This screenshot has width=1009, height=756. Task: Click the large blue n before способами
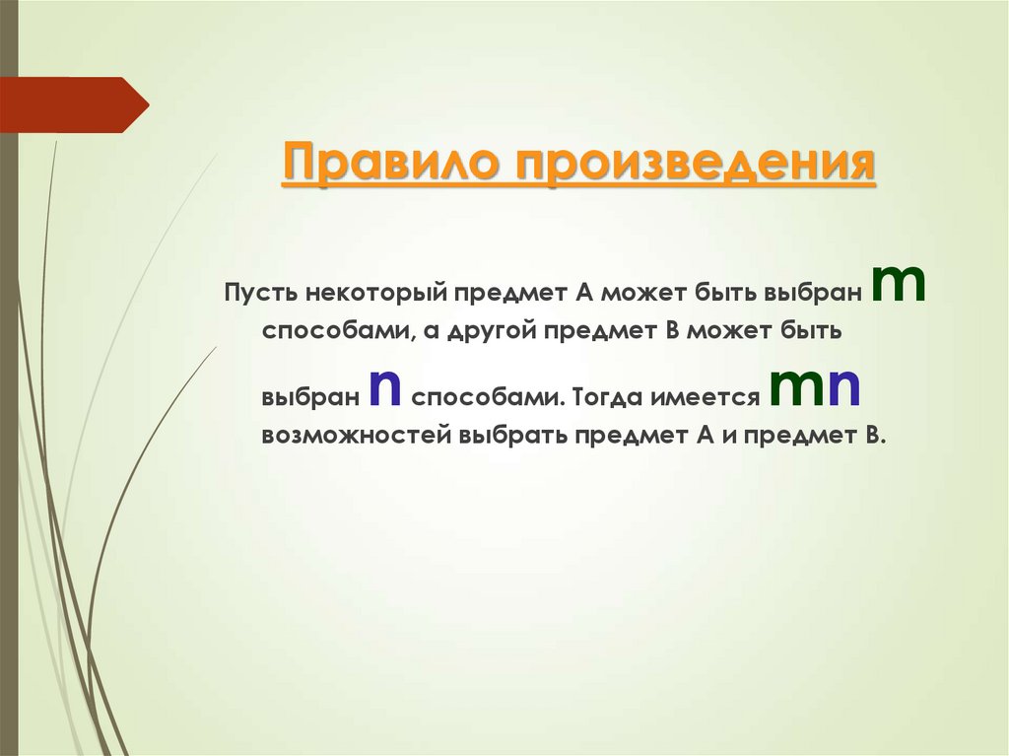(x=383, y=390)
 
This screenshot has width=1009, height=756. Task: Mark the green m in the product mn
(x=797, y=388)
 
